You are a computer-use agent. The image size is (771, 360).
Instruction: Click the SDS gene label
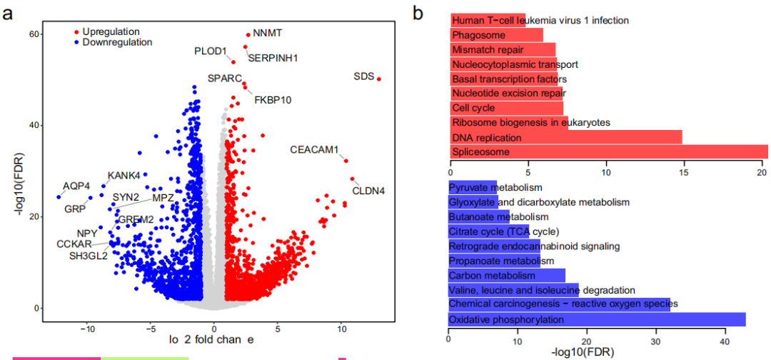363,76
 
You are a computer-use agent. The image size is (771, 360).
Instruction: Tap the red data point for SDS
379,79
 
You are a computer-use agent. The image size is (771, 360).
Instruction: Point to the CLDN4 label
368,191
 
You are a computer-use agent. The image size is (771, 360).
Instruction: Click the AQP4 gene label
76,186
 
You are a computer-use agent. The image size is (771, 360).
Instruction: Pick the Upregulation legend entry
111,31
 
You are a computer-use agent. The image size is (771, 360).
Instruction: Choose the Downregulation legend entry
117,42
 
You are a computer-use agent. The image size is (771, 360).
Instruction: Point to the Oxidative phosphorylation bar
596,319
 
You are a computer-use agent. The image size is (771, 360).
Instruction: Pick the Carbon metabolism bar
506,275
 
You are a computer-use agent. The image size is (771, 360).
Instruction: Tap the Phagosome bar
496,34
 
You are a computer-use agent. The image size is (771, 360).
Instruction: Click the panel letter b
418,13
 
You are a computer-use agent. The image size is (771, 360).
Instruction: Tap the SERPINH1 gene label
272,57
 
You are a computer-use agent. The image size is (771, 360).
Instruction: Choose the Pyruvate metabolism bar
472,187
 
